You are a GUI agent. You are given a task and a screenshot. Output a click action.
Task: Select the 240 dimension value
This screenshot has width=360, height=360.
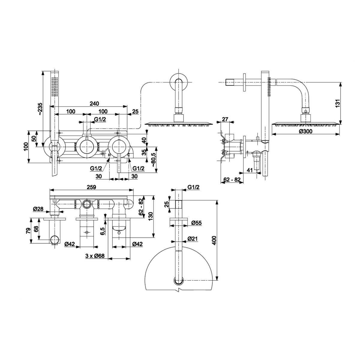tap(94, 104)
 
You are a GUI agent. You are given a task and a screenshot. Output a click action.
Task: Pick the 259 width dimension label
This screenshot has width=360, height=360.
tap(91, 187)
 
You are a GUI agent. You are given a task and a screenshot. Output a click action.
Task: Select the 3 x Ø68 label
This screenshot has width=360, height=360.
tap(94, 256)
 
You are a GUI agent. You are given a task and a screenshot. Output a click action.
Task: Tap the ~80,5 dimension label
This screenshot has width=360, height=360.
tap(154, 160)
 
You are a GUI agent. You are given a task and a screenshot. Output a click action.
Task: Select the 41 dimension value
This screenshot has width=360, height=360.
tap(249, 170)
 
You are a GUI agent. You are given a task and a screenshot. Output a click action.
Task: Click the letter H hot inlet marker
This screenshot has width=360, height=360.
tap(109, 155)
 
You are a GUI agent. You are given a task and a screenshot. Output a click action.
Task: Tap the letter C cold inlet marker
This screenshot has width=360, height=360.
tap(128, 155)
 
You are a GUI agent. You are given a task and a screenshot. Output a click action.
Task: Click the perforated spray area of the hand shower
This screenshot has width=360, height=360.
tap(54, 86)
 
